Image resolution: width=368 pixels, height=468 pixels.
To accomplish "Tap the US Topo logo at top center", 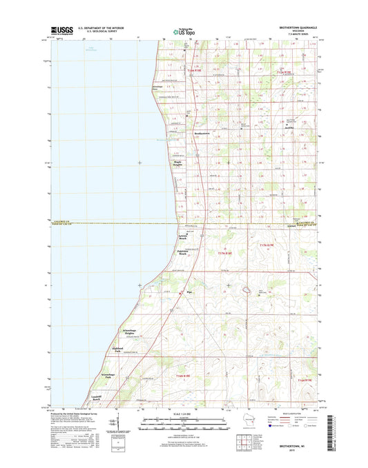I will tap(182, 30).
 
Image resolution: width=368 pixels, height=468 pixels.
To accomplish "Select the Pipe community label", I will tap(189, 292).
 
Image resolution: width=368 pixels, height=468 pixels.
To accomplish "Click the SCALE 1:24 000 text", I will tap(183, 413).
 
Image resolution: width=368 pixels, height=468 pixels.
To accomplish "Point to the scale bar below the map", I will tap(183, 422).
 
